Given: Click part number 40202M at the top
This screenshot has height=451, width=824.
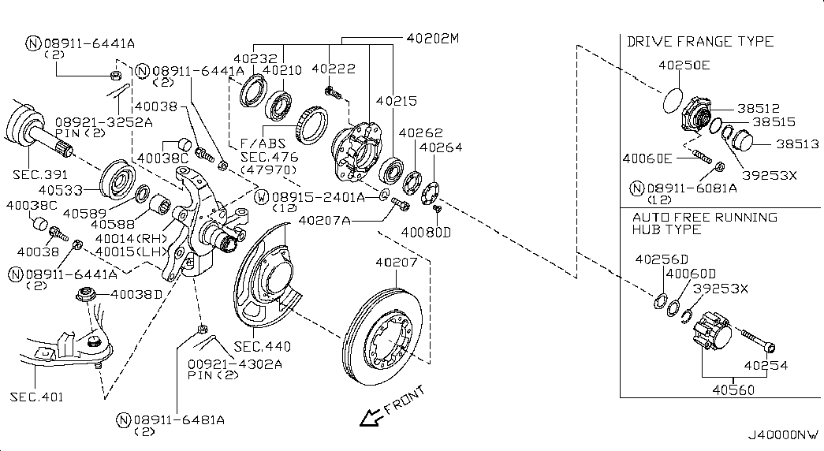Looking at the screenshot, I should pyautogui.click(x=432, y=38).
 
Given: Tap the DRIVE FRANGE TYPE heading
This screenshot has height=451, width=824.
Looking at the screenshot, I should pyautogui.click(x=700, y=41).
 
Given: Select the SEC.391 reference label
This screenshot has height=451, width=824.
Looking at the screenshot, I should pyautogui.click(x=40, y=173).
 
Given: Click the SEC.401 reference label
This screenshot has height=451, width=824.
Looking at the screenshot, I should pyautogui.click(x=37, y=397).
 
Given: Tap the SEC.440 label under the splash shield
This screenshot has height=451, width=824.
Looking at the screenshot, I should pyautogui.click(x=262, y=346).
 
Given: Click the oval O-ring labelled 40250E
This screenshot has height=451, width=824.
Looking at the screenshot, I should pyautogui.click(x=671, y=101).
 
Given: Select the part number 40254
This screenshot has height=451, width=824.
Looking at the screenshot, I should pyautogui.click(x=766, y=366).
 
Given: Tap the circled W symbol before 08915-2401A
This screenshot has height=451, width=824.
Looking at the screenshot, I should pyautogui.click(x=263, y=196).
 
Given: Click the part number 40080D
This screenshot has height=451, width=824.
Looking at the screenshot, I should pyautogui.click(x=426, y=233).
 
